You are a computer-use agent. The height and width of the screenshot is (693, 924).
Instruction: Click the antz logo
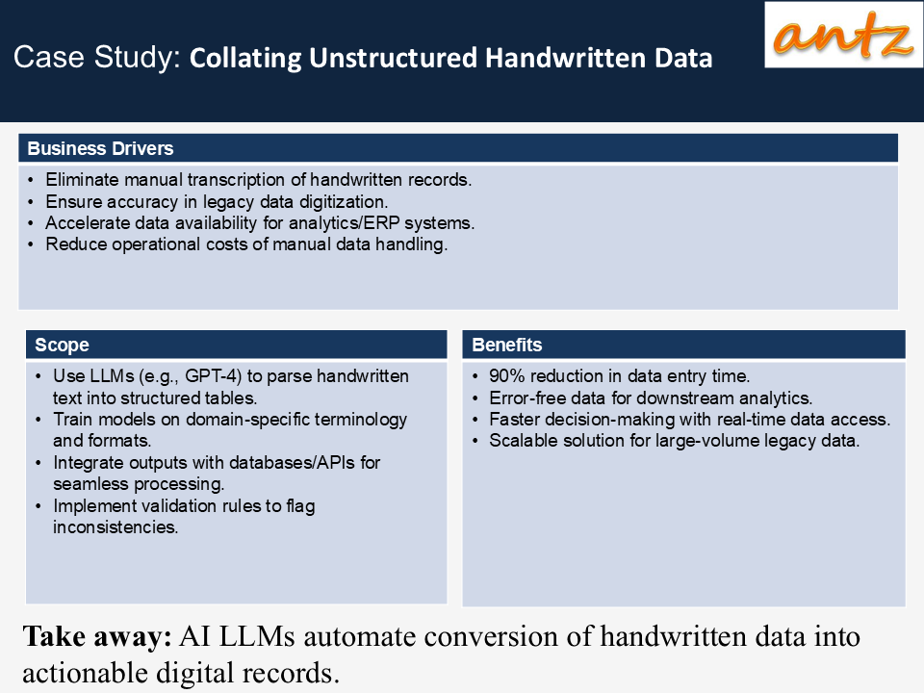tap(843, 35)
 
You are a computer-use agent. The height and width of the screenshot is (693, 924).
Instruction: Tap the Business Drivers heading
tap(100, 148)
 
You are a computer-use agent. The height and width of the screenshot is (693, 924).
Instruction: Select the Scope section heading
tap(62, 345)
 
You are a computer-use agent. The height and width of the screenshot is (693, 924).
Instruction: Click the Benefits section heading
tap(507, 345)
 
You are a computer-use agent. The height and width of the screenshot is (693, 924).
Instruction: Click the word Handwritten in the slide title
tap(565, 58)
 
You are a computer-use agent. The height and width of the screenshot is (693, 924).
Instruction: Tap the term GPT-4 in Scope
tap(213, 376)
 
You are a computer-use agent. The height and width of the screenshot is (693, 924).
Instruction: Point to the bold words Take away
tap(97, 637)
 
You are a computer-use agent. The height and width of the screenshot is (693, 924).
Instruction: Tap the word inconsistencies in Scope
tap(115, 526)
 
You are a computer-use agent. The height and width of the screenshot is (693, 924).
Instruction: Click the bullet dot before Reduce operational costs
tap(31, 244)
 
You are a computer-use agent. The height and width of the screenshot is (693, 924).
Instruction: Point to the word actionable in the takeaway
tap(85, 673)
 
